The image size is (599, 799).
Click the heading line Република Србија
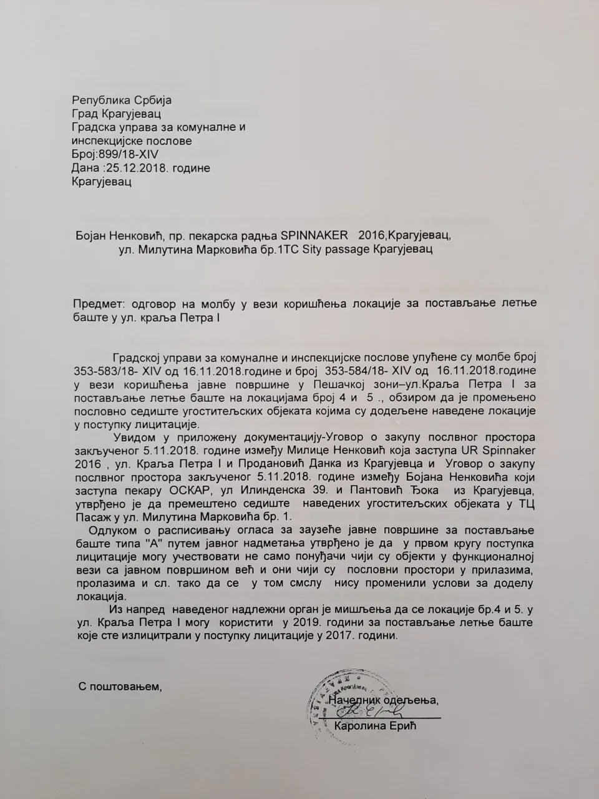point(122,100)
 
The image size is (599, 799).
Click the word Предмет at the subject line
point(99,304)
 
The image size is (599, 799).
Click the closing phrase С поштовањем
point(120,686)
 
